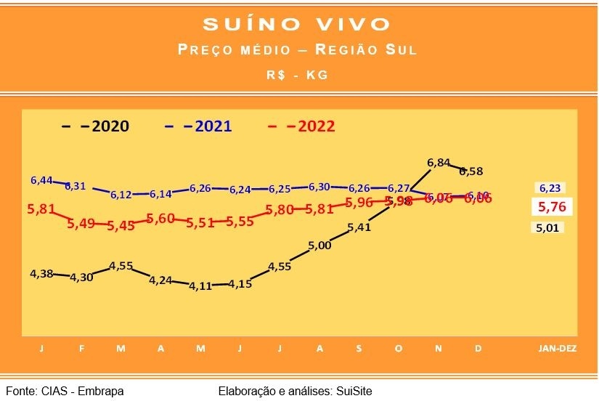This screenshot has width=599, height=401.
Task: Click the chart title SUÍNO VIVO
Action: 297,24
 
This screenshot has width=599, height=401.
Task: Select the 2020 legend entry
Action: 96,126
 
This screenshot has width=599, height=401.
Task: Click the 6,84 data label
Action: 439,163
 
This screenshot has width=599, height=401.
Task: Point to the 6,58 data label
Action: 470,171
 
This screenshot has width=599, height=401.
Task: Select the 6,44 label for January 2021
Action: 42,179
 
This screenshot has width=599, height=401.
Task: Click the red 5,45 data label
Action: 121,225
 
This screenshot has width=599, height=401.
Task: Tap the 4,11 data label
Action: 200,285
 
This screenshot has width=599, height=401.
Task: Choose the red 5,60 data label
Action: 160,218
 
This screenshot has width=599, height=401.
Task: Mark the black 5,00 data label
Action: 319,246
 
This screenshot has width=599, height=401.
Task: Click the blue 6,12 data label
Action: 121,195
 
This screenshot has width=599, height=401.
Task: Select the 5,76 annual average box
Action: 551,207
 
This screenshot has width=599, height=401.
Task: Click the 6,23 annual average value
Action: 549,187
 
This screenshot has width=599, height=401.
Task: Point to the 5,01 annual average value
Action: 549,228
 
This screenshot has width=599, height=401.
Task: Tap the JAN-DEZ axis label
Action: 557,348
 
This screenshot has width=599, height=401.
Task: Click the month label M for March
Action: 121,348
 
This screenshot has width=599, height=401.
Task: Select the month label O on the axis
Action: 398,348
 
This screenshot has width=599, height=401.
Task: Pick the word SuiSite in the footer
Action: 354,391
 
